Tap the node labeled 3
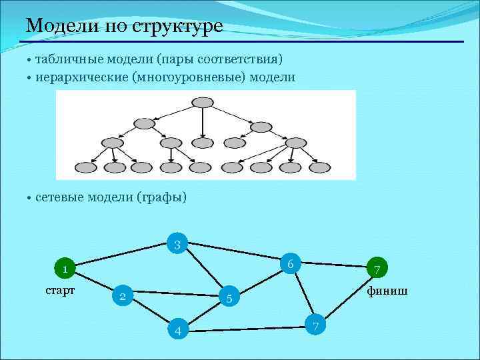[x=177, y=245]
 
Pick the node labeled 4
[x=178, y=331]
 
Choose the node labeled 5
[x=229, y=299]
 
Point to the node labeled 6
[x=291, y=264]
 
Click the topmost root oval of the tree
[x=202, y=102]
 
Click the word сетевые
[x=61, y=197]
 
